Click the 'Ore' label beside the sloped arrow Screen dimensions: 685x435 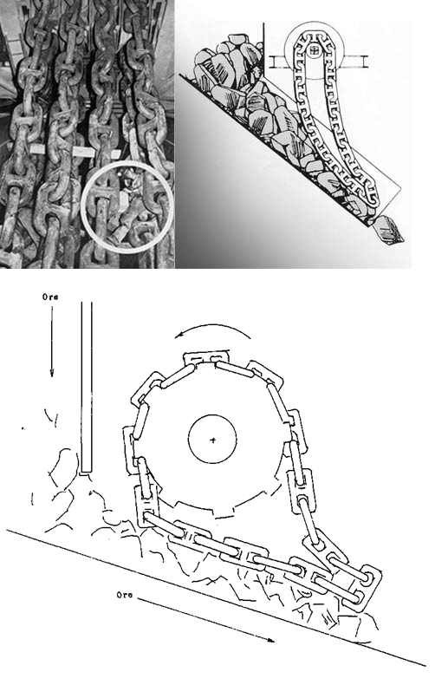coord(126,596)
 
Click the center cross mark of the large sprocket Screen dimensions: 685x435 coord(213,440)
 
